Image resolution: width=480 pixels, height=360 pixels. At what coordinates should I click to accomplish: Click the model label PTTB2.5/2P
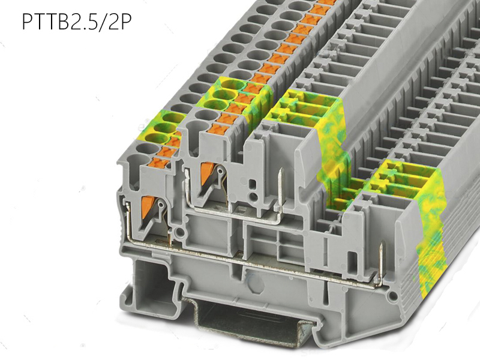coord(77,22)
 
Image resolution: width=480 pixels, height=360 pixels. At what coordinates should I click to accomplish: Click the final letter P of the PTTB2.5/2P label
coord(125,22)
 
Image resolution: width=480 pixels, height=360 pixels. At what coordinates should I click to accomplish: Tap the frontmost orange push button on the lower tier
coord(160,163)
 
